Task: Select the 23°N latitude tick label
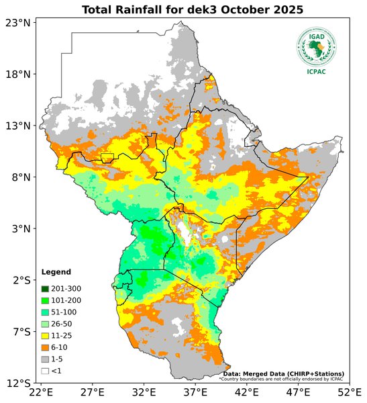coord(17,22)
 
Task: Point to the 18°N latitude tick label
coord(17,74)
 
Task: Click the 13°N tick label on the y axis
coord(17,126)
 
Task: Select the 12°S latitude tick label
coord(17,384)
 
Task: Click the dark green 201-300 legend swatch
coord(45,287)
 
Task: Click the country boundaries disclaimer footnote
coord(281,379)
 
